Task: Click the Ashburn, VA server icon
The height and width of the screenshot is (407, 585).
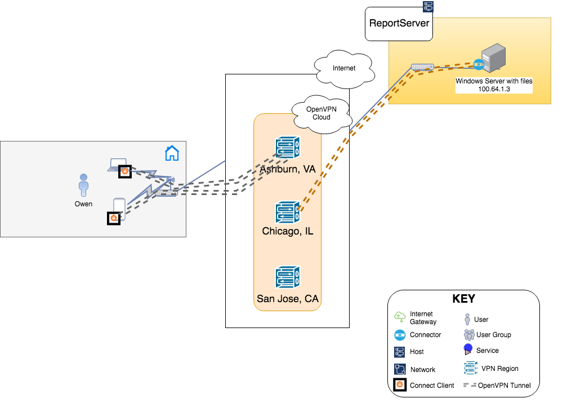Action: (x=287, y=147)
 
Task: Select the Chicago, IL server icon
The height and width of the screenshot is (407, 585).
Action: (x=287, y=212)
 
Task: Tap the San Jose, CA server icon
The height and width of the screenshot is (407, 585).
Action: (x=287, y=277)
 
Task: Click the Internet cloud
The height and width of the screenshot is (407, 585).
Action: (x=344, y=69)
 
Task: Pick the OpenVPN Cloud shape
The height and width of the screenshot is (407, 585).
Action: (x=321, y=114)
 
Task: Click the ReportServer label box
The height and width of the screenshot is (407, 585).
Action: (x=399, y=24)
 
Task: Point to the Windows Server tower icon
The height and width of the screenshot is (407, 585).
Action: (x=493, y=57)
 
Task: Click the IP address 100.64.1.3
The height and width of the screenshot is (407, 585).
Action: (x=494, y=89)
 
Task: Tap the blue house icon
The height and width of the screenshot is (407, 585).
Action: (x=172, y=153)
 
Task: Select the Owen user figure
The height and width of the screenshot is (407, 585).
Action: (x=83, y=185)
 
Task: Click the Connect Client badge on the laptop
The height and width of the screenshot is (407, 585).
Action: (x=125, y=172)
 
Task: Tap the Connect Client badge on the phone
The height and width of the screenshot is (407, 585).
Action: (x=114, y=218)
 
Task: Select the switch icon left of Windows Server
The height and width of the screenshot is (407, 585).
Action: (x=422, y=67)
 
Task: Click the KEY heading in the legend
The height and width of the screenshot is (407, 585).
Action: (x=464, y=299)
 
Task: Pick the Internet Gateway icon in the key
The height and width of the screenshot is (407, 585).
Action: (x=400, y=317)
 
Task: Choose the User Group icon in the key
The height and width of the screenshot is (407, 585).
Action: (x=469, y=334)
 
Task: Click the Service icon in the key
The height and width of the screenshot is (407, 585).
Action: (x=468, y=350)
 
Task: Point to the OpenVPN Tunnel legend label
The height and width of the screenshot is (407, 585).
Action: (x=504, y=386)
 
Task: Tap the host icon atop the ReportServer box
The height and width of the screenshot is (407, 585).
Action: (x=428, y=7)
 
